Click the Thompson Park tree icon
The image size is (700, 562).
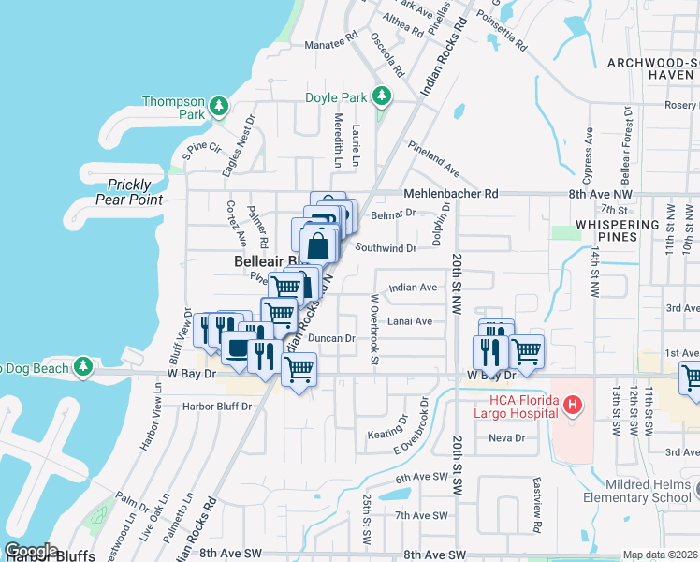(x=218, y=105)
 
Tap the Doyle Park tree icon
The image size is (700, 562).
(x=381, y=96)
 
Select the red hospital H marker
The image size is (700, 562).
(x=574, y=405)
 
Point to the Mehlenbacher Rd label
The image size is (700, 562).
(x=451, y=194)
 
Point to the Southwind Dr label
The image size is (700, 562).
(x=386, y=248)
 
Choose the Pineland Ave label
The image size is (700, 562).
(x=433, y=159)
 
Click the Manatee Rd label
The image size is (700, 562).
(x=331, y=45)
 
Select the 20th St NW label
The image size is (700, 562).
(x=456, y=282)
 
